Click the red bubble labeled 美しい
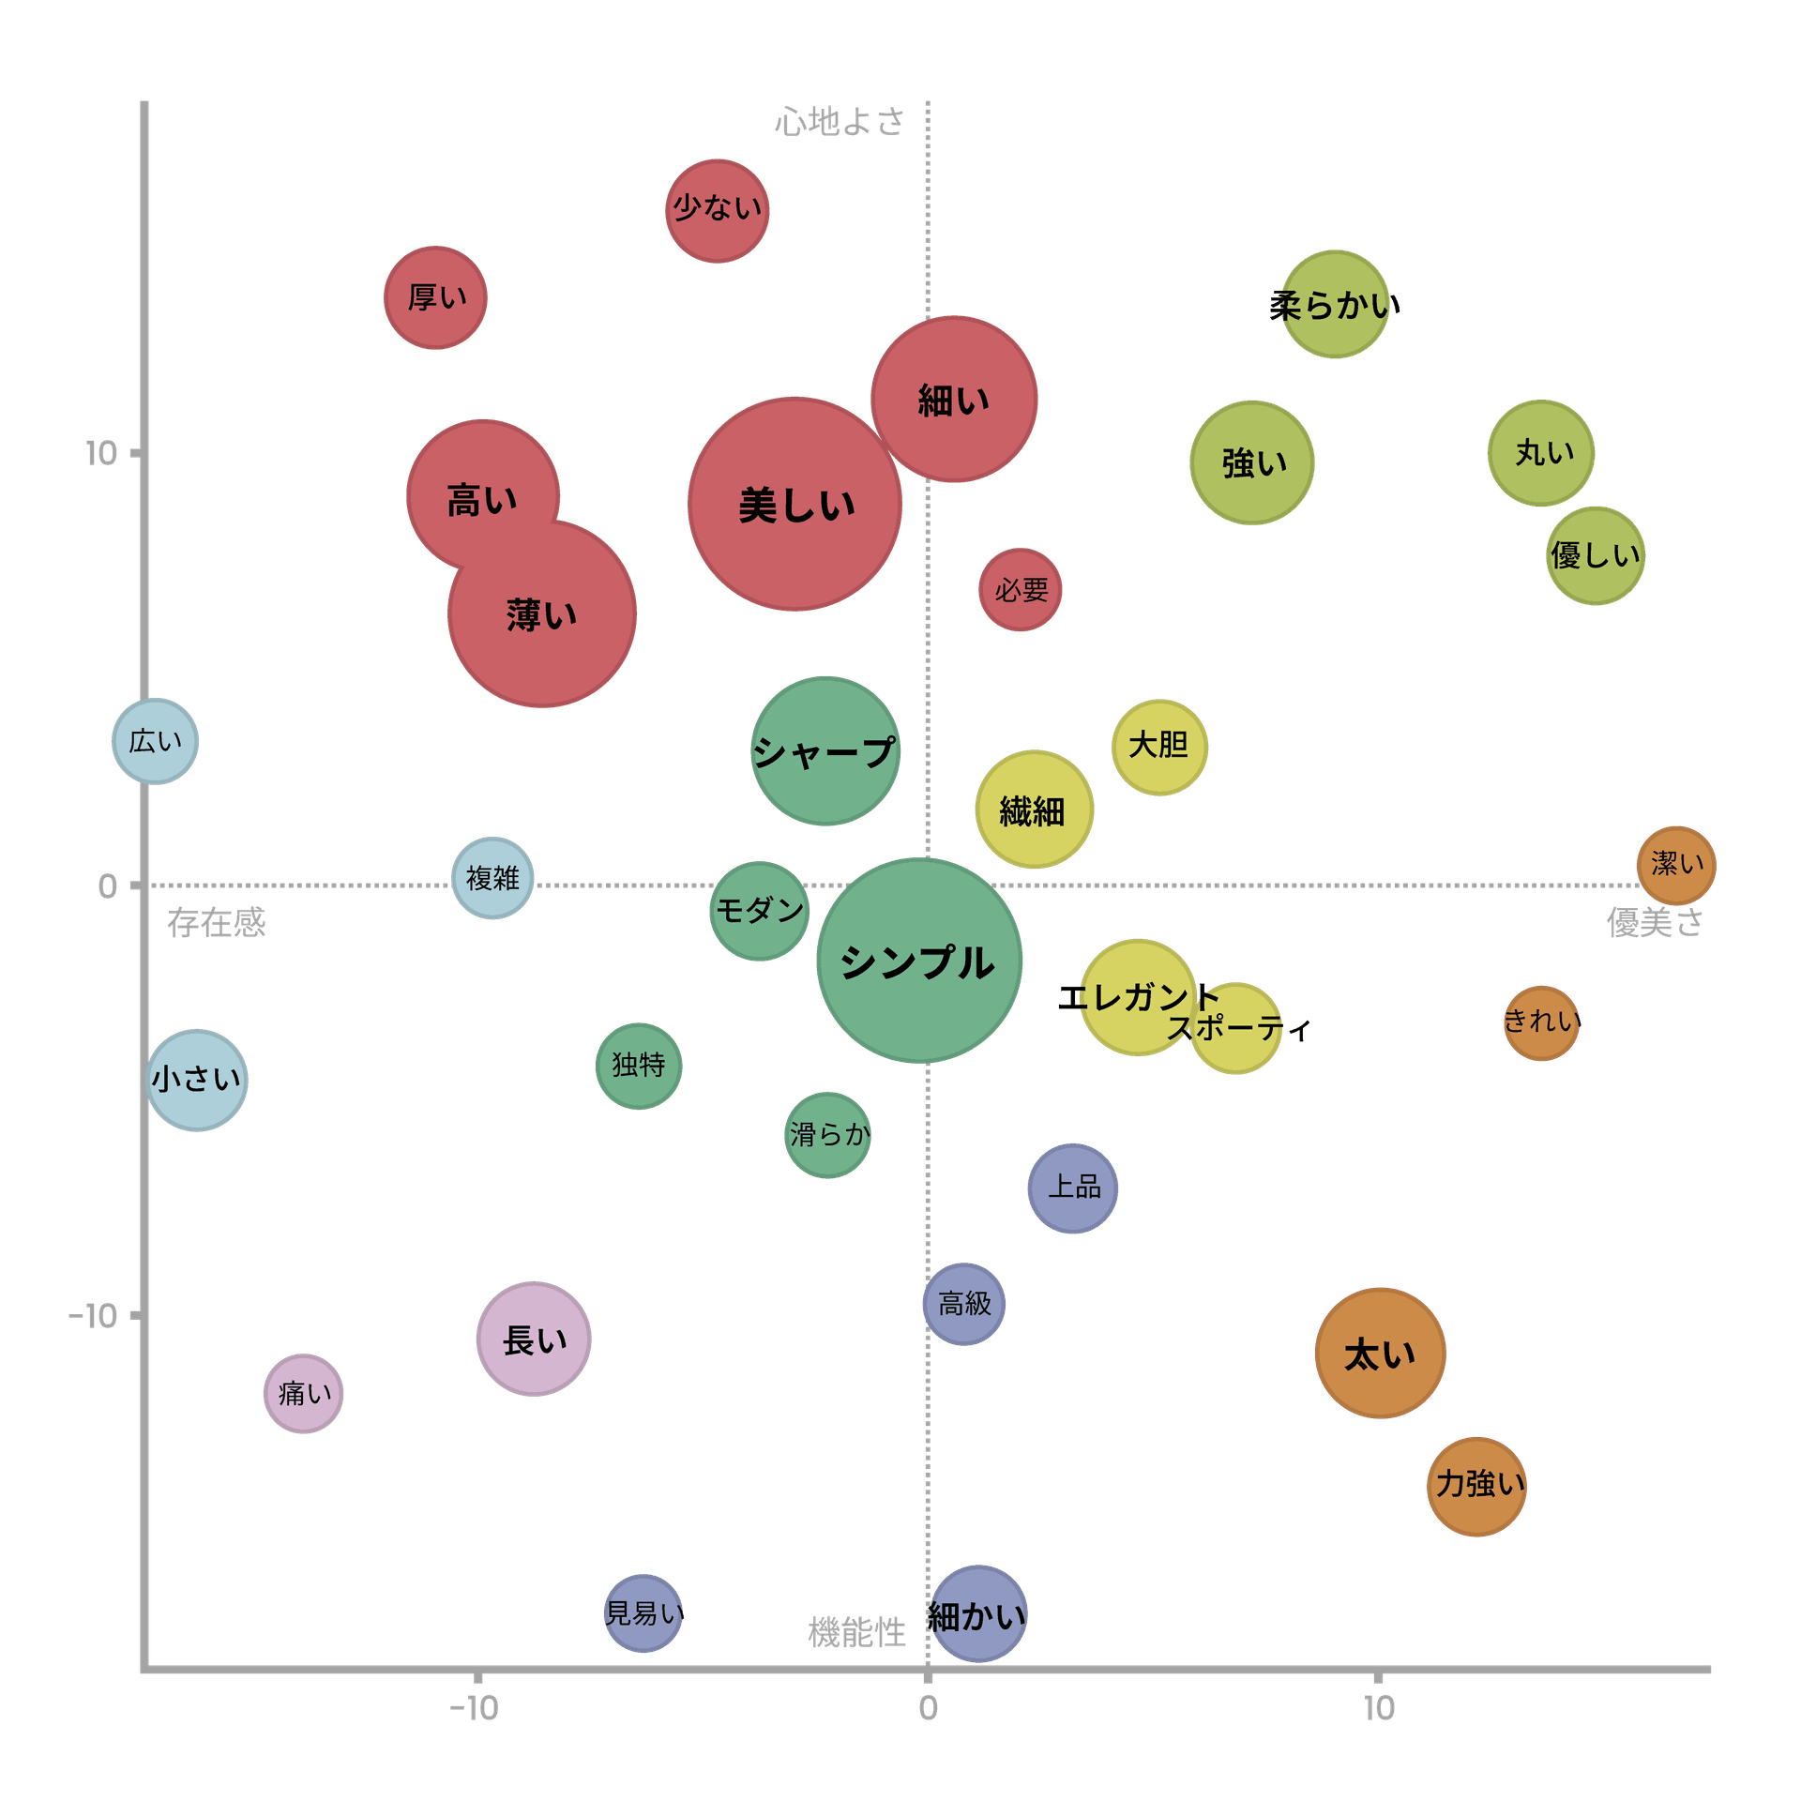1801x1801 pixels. pos(795,504)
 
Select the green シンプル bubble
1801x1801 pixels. pos(919,960)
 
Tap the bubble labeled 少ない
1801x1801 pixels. pos(718,210)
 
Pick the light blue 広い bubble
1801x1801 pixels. pos(155,741)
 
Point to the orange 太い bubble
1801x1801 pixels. pos(1380,1353)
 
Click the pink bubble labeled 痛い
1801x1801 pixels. pos(303,1393)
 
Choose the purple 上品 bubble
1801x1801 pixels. pos(1072,1188)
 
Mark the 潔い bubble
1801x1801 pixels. pos(1676,865)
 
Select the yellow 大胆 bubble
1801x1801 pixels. pos(1159,747)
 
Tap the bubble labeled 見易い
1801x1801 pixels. pos(643,1613)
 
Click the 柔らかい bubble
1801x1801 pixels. pos(1335,304)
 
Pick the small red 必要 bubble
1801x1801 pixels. pos(1021,590)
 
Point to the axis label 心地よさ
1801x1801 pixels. pos(840,122)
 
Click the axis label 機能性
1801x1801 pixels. pos(856,1633)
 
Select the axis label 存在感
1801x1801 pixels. pos(217,923)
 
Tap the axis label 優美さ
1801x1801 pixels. pos(1654,923)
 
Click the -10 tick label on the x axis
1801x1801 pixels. pos(475,1709)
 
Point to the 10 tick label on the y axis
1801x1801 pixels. pos(101,454)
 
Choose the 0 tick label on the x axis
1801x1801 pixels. pos(928,1709)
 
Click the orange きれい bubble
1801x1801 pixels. pos(1541,1022)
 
